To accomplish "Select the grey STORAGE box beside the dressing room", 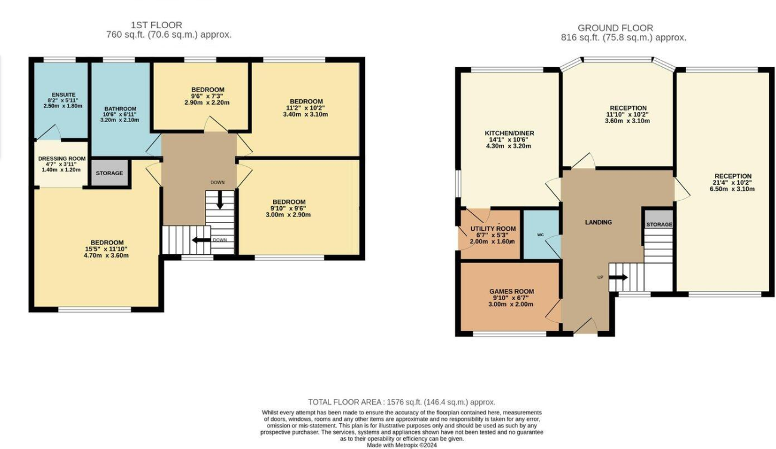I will [109, 173].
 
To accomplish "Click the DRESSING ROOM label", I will [62, 158].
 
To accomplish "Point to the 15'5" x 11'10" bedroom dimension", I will [107, 249].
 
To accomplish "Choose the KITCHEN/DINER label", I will [508, 133].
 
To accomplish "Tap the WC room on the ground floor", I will [541, 234].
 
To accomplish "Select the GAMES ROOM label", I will [511, 292].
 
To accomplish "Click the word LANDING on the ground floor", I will [598, 222].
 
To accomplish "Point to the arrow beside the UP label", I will [618, 277].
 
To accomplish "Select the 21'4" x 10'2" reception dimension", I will [731, 182].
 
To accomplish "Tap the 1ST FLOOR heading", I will [157, 25].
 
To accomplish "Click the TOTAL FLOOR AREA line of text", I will [401, 402].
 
